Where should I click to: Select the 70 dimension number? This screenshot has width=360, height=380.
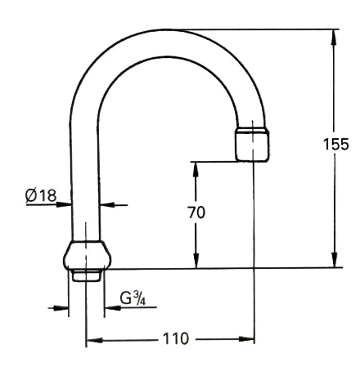pyautogui.click(x=196, y=212)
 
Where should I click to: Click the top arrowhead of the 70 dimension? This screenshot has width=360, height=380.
pyautogui.click(x=196, y=167)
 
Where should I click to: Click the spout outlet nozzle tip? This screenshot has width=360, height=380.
pyautogui.click(x=252, y=145)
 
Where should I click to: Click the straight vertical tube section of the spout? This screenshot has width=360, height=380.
pyautogui.click(x=85, y=180)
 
